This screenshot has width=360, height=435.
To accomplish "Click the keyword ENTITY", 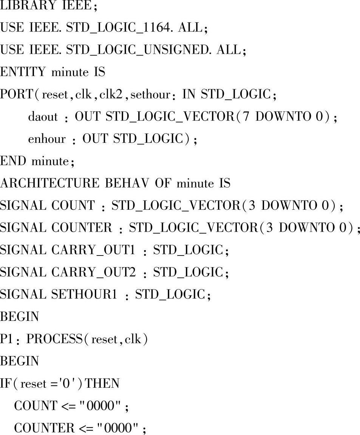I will click(x=23, y=72).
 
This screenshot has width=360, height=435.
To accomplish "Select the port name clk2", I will click(x=113, y=94).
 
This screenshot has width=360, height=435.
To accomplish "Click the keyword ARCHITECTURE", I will click(x=50, y=184).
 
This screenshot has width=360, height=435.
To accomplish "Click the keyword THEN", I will click(x=103, y=384).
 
